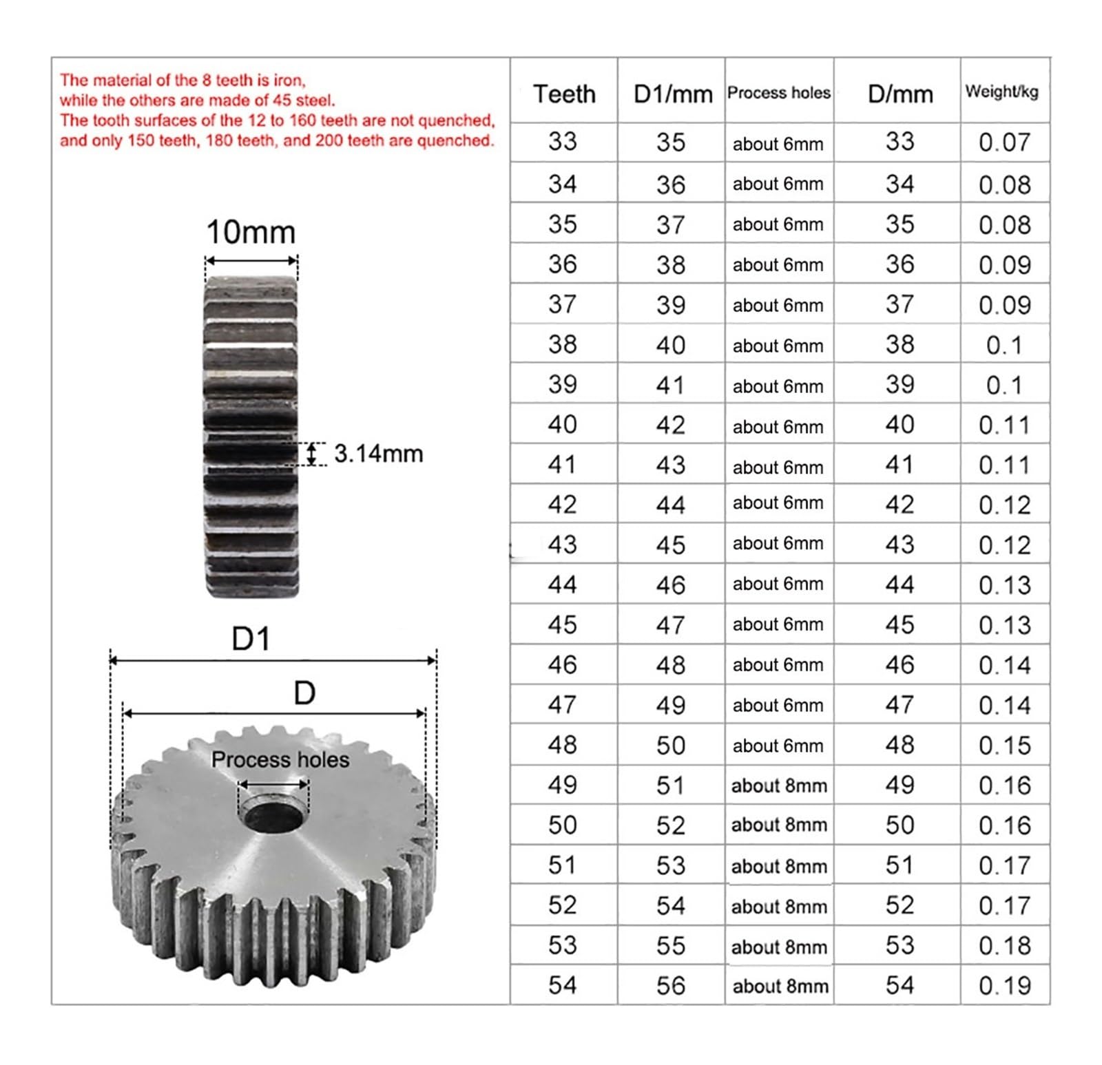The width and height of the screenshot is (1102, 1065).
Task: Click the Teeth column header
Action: pos(564,94)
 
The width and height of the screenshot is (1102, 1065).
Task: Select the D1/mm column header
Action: pos(673,94)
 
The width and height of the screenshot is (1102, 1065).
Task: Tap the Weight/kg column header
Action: pos(1001,92)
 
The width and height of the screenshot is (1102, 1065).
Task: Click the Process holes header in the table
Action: pos(779,93)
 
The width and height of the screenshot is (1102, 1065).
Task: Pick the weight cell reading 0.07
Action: pos(1004,143)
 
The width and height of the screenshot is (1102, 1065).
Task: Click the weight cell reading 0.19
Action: pos(1004,986)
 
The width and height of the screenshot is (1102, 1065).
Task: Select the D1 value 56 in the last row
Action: pos(671,986)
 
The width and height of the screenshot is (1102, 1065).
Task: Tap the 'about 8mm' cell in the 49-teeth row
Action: pos(779,785)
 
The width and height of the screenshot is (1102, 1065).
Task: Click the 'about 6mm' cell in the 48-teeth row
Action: pos(778,746)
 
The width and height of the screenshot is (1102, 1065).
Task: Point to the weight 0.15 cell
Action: pos(1004,746)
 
